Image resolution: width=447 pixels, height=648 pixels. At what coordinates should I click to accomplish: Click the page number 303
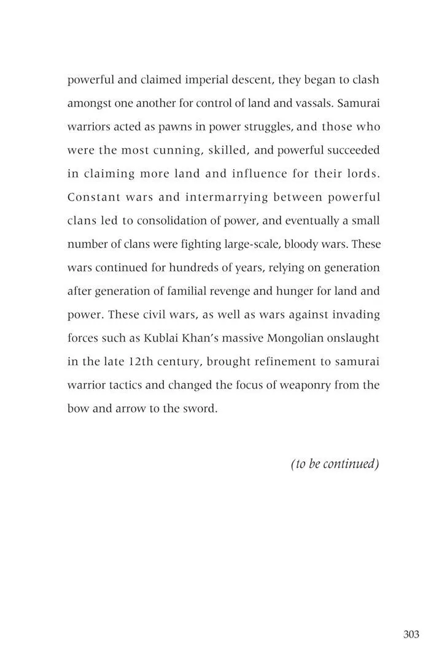(411, 617)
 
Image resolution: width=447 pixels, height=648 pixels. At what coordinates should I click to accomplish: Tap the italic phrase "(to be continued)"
(335, 464)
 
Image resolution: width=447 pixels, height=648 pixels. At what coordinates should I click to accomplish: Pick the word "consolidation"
(171, 220)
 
